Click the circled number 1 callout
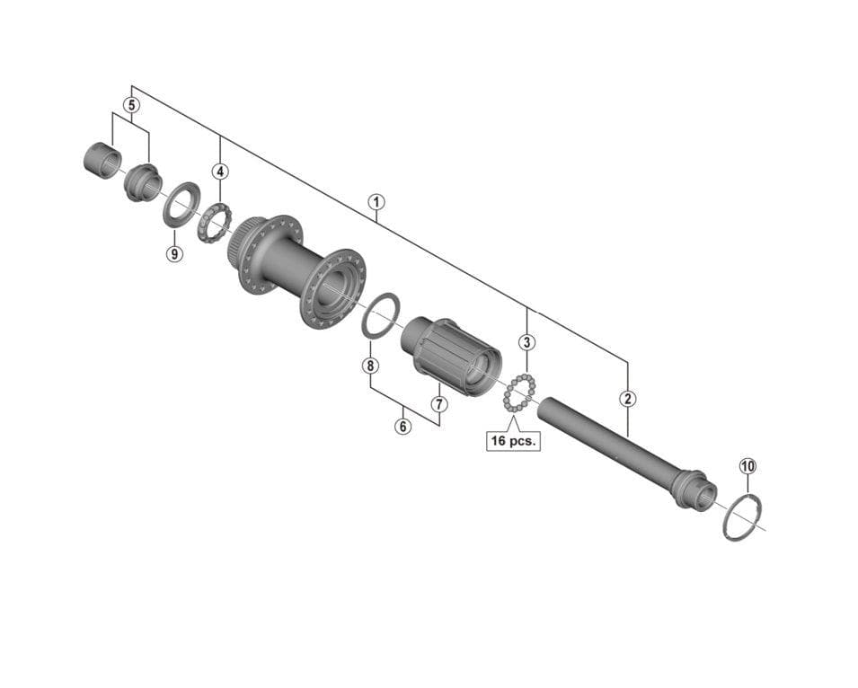(376, 202)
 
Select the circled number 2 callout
(628, 398)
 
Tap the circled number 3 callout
(527, 342)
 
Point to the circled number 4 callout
(220, 172)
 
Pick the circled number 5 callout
(131, 104)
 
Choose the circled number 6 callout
(403, 426)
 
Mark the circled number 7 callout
(438, 404)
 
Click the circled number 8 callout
(370, 366)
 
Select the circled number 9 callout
(174, 253)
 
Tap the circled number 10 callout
(748, 466)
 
